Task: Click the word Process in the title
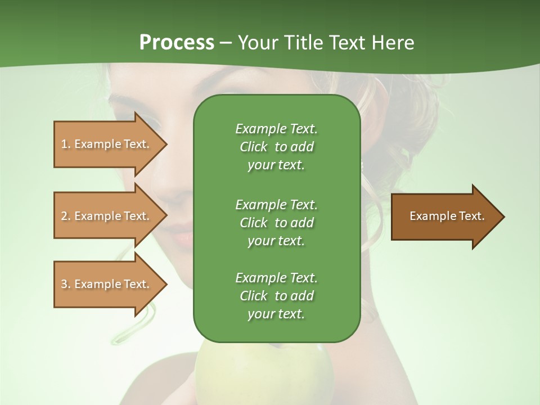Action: click(177, 43)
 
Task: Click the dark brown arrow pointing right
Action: click(444, 217)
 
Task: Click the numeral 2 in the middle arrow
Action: click(64, 216)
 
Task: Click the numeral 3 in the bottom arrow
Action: click(64, 284)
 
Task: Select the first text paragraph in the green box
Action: click(276, 147)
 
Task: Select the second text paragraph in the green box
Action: click(276, 222)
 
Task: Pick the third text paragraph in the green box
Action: click(276, 296)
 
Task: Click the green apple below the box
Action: click(264, 371)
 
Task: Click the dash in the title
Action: click(226, 43)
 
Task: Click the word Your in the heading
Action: click(259, 43)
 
